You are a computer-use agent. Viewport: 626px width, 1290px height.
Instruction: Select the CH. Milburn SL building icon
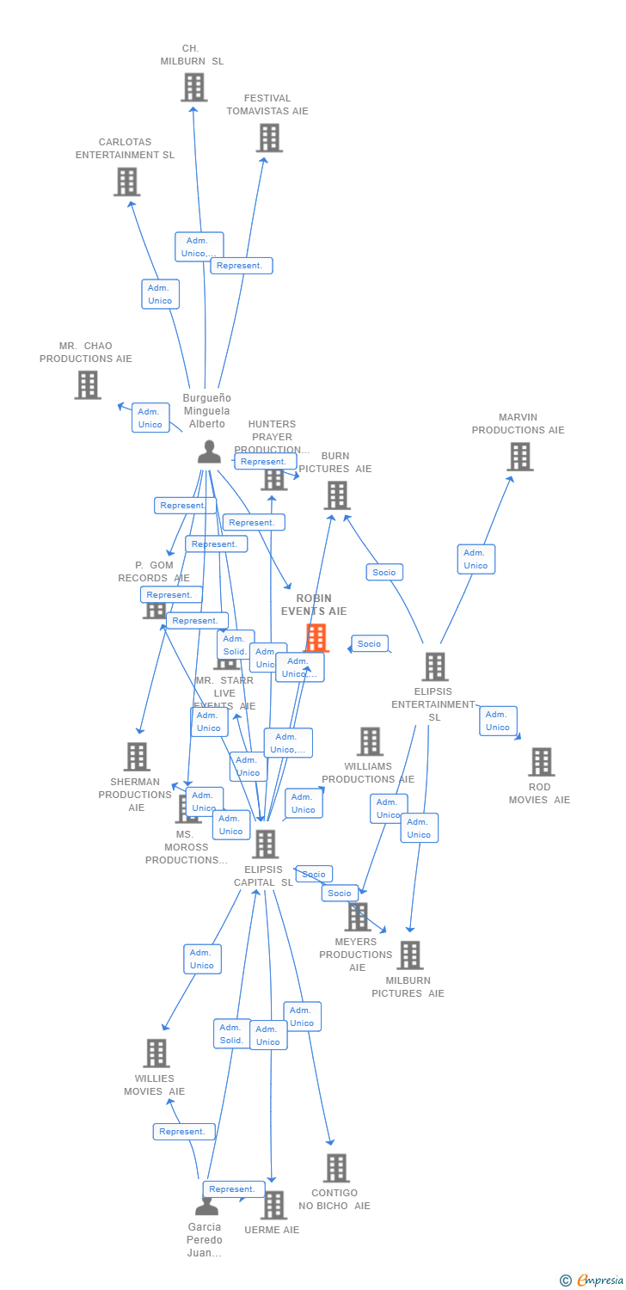click(x=194, y=88)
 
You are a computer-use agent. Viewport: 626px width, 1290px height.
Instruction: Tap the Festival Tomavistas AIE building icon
click(x=269, y=138)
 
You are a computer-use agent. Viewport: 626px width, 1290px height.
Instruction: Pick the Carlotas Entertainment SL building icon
click(x=127, y=181)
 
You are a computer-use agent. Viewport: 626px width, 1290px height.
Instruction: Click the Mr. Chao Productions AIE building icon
click(x=88, y=384)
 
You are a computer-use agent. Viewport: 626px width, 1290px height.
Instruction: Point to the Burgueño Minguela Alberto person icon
click(x=209, y=451)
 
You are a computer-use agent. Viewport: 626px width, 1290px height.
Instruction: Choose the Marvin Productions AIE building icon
click(x=520, y=457)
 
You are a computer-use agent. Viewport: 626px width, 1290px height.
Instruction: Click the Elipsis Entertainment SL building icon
click(x=435, y=666)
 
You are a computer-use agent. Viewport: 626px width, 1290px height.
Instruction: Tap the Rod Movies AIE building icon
click(x=541, y=762)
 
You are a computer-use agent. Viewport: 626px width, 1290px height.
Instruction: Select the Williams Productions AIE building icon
click(x=370, y=741)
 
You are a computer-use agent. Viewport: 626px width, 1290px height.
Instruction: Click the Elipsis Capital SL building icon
click(x=266, y=844)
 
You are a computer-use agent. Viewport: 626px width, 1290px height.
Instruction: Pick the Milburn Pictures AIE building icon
click(x=410, y=955)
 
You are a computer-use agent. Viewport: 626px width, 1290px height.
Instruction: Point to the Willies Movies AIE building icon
click(x=156, y=1053)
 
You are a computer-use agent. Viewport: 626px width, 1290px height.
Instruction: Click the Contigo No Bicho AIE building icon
click(x=336, y=1168)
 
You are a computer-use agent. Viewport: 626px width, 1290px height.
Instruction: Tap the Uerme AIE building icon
click(x=273, y=1205)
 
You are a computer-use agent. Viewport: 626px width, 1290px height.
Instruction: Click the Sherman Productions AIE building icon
click(x=137, y=757)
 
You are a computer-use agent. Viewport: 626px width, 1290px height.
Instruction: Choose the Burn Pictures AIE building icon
click(x=337, y=495)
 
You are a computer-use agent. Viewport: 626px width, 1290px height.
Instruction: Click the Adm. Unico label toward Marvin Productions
click(x=476, y=559)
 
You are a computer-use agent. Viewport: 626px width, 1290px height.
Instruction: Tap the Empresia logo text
click(x=599, y=1281)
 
